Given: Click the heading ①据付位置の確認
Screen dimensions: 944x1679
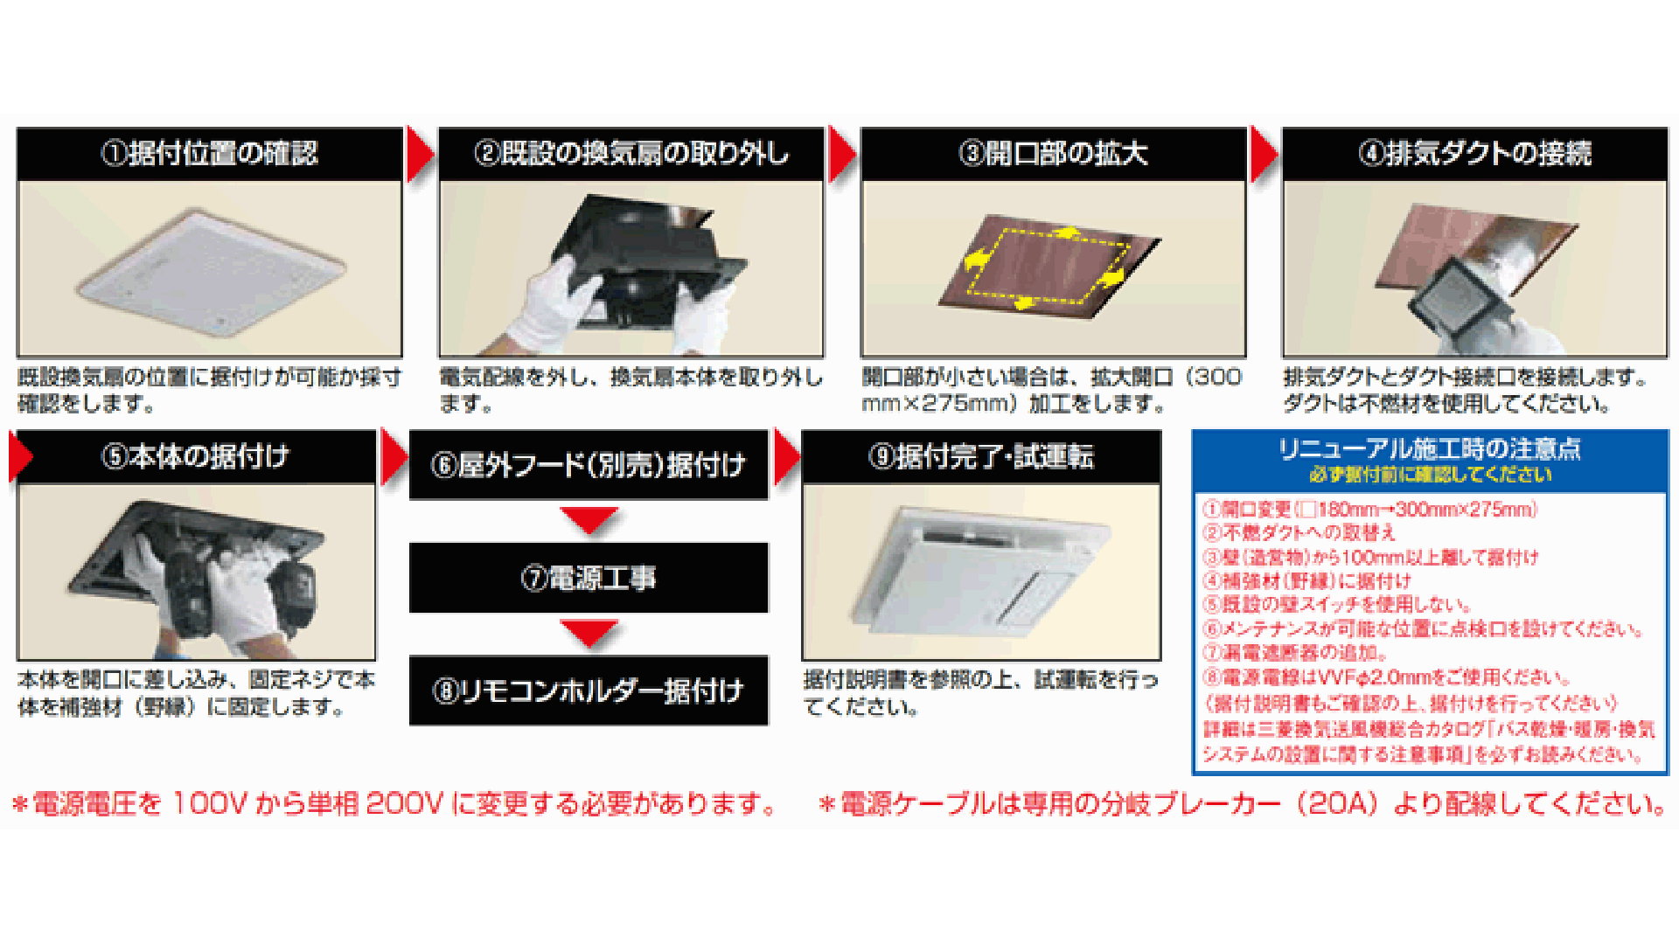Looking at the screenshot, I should tap(210, 154).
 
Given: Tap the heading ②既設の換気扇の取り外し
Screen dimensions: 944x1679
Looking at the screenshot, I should tap(630, 154).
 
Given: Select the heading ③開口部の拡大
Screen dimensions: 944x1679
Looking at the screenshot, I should tap(1053, 154).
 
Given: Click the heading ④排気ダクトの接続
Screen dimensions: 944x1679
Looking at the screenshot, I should tap(1474, 154).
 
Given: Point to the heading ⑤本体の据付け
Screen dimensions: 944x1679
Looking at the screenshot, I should tap(196, 456).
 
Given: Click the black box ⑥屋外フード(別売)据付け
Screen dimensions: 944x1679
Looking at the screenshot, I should tap(589, 465).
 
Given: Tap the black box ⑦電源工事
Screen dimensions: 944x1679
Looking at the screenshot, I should tap(589, 578).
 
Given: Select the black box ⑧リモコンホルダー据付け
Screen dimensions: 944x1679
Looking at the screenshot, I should tap(589, 691).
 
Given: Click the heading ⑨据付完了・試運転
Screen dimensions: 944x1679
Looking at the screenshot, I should tap(981, 456).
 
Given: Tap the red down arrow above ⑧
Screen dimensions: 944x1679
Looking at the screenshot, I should tap(589, 634).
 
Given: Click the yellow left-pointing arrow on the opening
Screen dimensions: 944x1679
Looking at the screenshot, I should tap(978, 260).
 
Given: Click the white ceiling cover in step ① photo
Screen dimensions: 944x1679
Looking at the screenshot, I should tap(210, 271).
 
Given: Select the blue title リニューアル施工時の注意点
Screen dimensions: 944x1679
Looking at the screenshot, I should tap(1430, 449).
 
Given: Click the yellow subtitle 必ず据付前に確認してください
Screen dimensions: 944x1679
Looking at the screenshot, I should tap(1430, 475).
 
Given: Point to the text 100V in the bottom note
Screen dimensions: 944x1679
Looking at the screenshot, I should tap(210, 804).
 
